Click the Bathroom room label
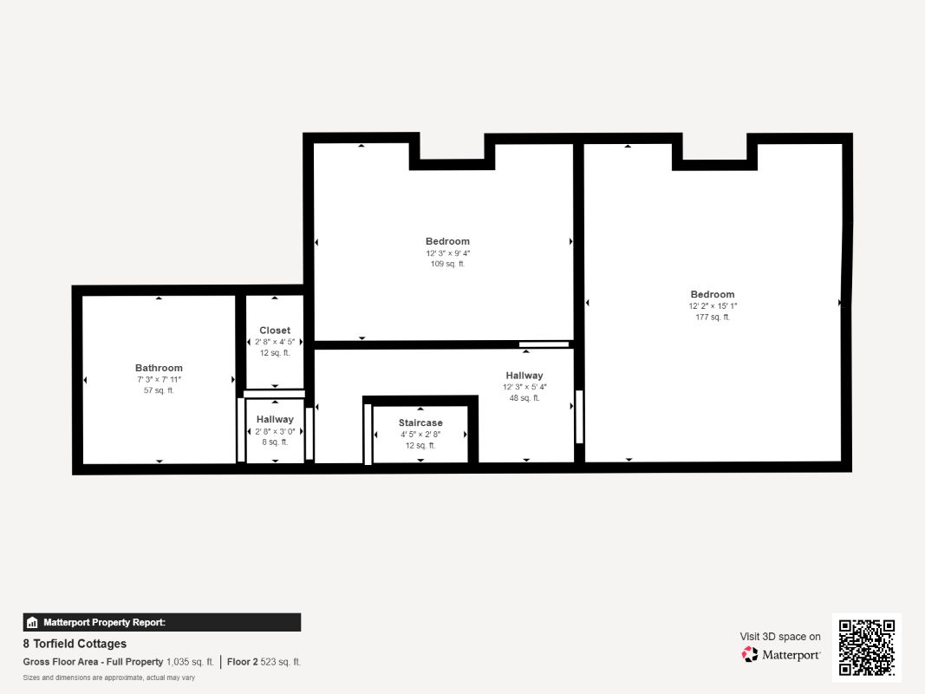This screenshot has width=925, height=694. click(159, 368)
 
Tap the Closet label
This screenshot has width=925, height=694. click(275, 331)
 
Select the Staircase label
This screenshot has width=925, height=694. click(420, 422)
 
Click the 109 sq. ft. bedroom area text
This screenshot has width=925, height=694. click(447, 264)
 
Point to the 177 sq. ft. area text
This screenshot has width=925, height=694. click(713, 317)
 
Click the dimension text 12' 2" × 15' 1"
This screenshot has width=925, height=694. click(713, 305)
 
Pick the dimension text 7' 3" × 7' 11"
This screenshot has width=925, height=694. click(159, 379)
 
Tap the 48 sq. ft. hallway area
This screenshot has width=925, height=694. click(524, 398)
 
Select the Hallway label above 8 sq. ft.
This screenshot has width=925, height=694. click(275, 419)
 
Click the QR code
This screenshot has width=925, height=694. click(867, 647)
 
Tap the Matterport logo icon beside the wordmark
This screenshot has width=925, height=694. click(750, 654)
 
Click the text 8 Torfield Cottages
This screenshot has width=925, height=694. click(75, 643)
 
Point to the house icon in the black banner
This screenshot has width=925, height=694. click(32, 622)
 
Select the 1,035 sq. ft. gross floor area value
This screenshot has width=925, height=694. click(190, 662)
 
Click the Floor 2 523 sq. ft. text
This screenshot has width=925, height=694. click(264, 662)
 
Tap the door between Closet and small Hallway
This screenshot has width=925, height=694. click(274, 394)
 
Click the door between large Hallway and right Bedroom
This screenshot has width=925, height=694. click(579, 416)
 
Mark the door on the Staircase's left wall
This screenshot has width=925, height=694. click(368, 435)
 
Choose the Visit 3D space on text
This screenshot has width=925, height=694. click(780, 636)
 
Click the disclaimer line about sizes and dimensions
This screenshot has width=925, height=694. click(109, 678)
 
